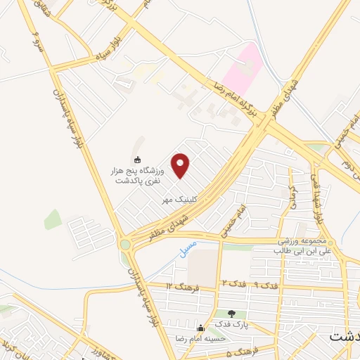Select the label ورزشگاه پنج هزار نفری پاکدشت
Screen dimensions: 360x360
(x=139, y=175)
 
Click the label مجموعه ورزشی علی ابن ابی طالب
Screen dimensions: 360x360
(x=302, y=245)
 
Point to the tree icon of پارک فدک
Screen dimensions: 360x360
(x=231, y=313)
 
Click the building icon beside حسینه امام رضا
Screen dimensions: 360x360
(x=201, y=328)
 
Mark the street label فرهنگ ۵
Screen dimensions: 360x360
(x=243, y=352)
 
